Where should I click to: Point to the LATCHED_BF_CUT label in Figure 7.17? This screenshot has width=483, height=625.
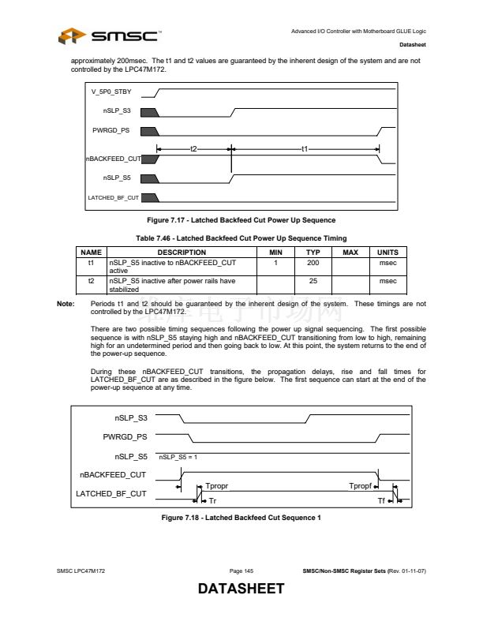tap(112, 197)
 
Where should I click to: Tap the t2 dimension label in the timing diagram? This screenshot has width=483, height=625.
tap(193, 149)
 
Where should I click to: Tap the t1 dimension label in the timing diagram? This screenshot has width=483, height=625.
tap(305, 149)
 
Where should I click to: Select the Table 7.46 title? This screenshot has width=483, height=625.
tap(249, 238)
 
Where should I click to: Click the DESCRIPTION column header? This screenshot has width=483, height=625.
tap(182, 252)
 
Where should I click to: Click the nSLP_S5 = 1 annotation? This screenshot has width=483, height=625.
tap(179, 456)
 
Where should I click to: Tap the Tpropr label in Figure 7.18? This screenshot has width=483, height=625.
tap(217, 486)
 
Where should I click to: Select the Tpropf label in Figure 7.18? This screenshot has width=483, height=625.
tap(360, 486)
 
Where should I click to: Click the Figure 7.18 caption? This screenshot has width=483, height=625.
tap(241, 517)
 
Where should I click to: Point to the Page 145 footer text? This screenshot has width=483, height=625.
tap(241, 571)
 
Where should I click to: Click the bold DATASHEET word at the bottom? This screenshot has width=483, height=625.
tap(241, 589)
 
